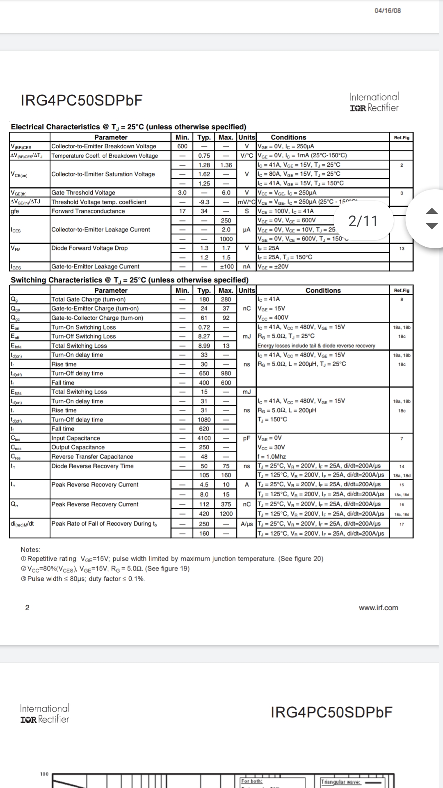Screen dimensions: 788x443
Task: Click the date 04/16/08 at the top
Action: (x=388, y=11)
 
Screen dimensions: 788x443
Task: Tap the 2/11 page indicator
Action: (x=363, y=221)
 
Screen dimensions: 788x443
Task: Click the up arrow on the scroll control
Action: (x=432, y=211)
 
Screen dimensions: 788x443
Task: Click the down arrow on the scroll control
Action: (x=432, y=226)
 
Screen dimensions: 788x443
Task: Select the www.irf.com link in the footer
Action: (x=378, y=608)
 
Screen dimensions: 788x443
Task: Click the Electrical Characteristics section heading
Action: (x=128, y=127)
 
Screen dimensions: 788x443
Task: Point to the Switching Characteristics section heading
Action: (x=130, y=280)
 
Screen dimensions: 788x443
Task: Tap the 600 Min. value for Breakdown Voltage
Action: (x=183, y=147)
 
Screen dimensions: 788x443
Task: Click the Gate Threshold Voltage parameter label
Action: (x=83, y=192)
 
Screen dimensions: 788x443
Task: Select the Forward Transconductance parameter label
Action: (x=88, y=211)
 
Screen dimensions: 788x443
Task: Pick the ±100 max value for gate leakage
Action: (x=226, y=266)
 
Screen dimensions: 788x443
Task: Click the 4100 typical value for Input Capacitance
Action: (x=204, y=438)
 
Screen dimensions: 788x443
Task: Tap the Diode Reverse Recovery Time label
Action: (x=92, y=466)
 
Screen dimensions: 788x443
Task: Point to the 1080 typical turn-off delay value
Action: (x=204, y=419)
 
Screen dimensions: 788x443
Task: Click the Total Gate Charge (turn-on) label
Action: (x=89, y=299)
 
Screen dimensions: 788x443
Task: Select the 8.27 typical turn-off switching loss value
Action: (x=204, y=336)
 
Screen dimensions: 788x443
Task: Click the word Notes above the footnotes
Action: (x=30, y=550)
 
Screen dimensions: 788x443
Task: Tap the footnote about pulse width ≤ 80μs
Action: (x=83, y=579)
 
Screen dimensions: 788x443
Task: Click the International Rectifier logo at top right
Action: (x=374, y=102)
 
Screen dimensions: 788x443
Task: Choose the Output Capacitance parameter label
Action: (x=78, y=447)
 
